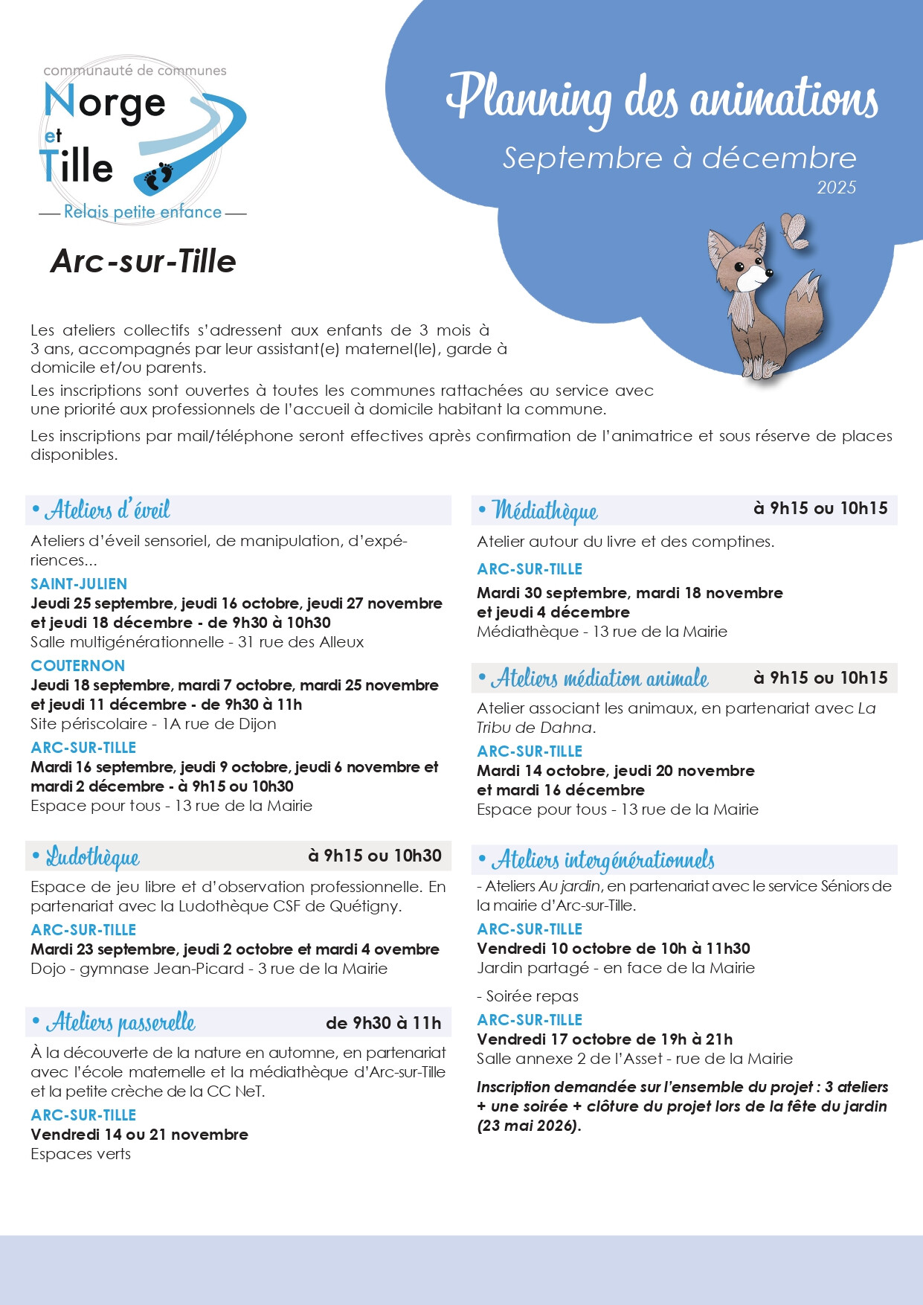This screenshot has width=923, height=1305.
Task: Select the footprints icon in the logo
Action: click(158, 176)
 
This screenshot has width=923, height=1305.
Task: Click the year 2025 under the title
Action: click(836, 187)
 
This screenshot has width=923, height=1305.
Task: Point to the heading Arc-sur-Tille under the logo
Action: click(143, 261)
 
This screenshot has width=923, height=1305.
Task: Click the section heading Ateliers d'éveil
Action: click(108, 510)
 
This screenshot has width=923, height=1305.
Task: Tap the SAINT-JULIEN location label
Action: click(79, 584)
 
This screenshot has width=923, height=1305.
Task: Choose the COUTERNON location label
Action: click(77, 666)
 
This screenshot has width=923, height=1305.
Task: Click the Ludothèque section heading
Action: click(93, 857)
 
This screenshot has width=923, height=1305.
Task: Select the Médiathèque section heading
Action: click(545, 511)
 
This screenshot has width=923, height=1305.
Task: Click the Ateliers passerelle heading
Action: click(120, 1023)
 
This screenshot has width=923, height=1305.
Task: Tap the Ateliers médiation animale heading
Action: click(599, 679)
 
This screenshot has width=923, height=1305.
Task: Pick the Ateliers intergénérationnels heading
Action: click(602, 861)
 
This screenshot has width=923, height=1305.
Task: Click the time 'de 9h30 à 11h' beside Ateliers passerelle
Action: click(383, 1023)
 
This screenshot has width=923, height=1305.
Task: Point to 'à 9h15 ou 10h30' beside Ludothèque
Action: click(375, 856)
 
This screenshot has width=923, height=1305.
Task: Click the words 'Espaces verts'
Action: click(80, 1154)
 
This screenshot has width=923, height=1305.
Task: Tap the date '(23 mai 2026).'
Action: click(529, 1126)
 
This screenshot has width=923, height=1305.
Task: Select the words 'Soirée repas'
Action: click(532, 996)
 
